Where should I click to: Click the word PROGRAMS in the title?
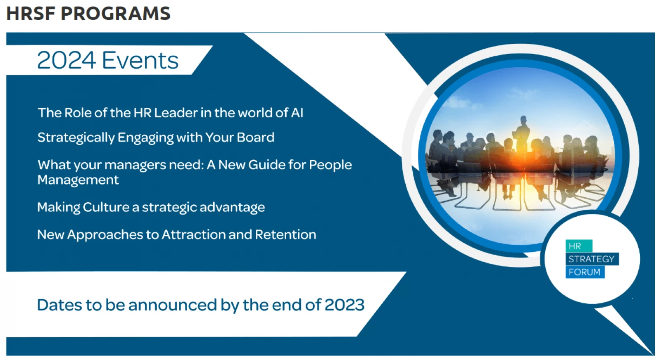pos(115,14)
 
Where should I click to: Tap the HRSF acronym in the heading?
pos(31,14)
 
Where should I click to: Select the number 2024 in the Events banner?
pos(67,60)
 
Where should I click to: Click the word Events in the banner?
pos(140,60)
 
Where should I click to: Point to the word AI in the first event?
pos(297,113)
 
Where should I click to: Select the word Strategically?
pos(76,137)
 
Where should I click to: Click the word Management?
pos(78,180)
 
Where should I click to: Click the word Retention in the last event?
pos(285,234)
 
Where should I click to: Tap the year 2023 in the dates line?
pos(344,305)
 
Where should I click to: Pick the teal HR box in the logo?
pos(578,246)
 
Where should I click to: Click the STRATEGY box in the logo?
pos(592,259)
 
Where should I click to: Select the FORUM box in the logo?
pos(585,272)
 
